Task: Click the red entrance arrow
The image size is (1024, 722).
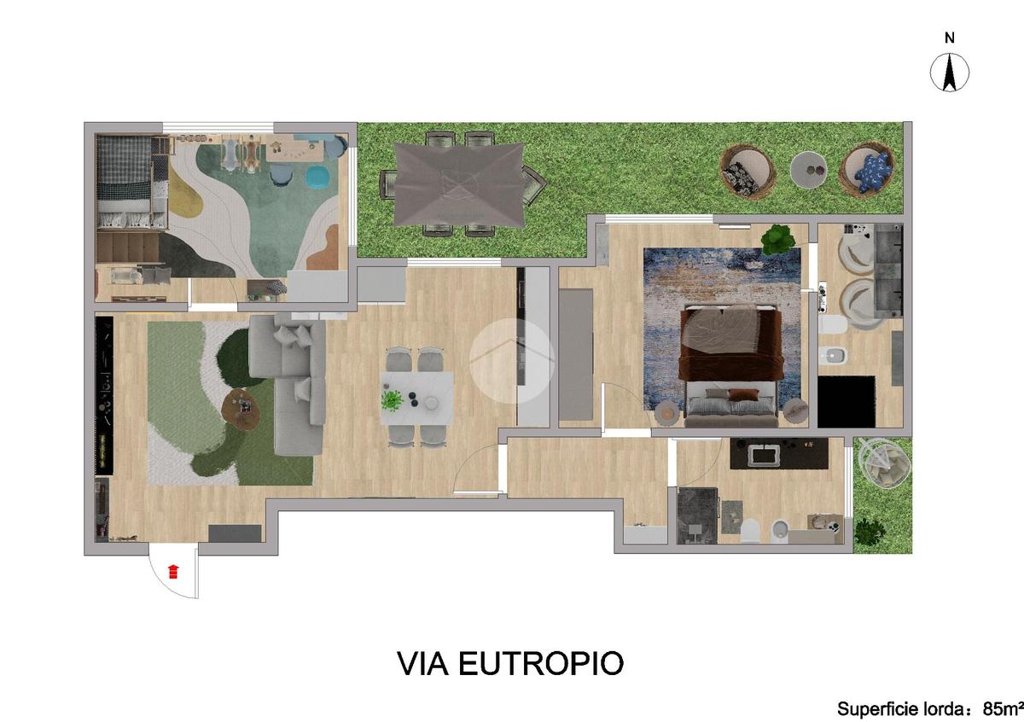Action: tap(172, 572)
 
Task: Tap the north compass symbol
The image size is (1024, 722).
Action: tap(950, 73)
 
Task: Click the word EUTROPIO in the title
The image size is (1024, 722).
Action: tap(541, 663)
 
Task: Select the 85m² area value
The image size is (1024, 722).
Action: tap(1003, 709)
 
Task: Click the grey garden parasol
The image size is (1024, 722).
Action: tap(458, 184)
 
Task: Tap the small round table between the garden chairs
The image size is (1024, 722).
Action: tap(808, 169)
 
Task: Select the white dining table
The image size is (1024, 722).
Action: tap(417, 399)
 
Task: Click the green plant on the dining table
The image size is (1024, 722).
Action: tap(392, 400)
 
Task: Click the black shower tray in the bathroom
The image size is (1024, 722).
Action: tap(847, 402)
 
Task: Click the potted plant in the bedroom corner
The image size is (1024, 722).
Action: tap(778, 239)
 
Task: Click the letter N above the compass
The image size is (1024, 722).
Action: tap(950, 38)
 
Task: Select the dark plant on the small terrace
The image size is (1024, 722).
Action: tap(870, 531)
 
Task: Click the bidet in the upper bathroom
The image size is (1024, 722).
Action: tap(834, 354)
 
